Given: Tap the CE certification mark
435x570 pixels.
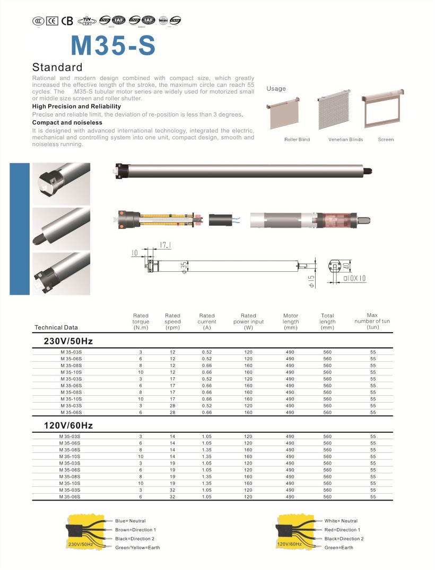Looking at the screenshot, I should pyautogui.click(x=51, y=21).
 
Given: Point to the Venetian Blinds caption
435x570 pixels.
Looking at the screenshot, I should pyautogui.click(x=345, y=140).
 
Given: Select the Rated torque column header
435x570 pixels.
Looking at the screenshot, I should pyautogui.click(x=141, y=322).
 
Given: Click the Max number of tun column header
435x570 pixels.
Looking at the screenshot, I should pyautogui.click(x=372, y=321).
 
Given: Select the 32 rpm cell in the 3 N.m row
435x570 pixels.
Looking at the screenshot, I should pyautogui.click(x=172, y=490).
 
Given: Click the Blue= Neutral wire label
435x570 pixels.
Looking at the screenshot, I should pyautogui.click(x=130, y=521).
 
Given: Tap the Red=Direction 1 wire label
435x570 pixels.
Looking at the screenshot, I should pyautogui.click(x=342, y=530).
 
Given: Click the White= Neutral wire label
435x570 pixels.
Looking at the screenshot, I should pyautogui.click(x=341, y=521).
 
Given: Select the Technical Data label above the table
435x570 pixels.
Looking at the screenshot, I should pyautogui.click(x=56, y=327).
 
